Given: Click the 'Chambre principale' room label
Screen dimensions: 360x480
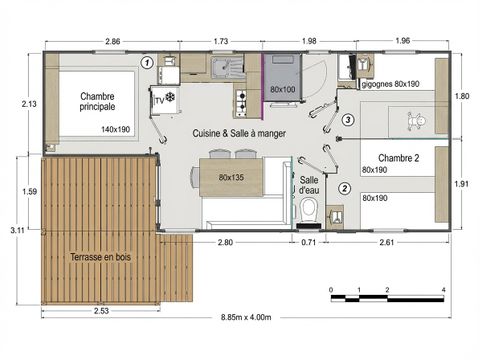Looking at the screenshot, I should click(98, 101).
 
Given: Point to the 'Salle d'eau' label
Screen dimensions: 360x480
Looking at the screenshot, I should click(309, 185).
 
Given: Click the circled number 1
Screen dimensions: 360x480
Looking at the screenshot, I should click(146, 62).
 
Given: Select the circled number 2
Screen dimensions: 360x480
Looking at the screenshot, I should click(345, 187).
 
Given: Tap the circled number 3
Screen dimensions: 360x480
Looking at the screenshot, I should click(347, 121).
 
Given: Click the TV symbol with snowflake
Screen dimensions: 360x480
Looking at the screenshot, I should click(163, 99).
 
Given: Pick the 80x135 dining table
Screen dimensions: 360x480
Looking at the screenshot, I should click(231, 178).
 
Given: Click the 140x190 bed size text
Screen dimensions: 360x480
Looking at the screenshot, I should click(116, 129).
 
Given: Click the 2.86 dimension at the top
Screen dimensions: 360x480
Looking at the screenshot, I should click(113, 41).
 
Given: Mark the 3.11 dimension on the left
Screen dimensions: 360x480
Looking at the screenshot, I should click(16, 229).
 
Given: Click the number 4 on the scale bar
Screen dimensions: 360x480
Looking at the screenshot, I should click(443, 289).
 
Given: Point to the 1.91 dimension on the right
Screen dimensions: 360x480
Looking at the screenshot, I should click(462, 184).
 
